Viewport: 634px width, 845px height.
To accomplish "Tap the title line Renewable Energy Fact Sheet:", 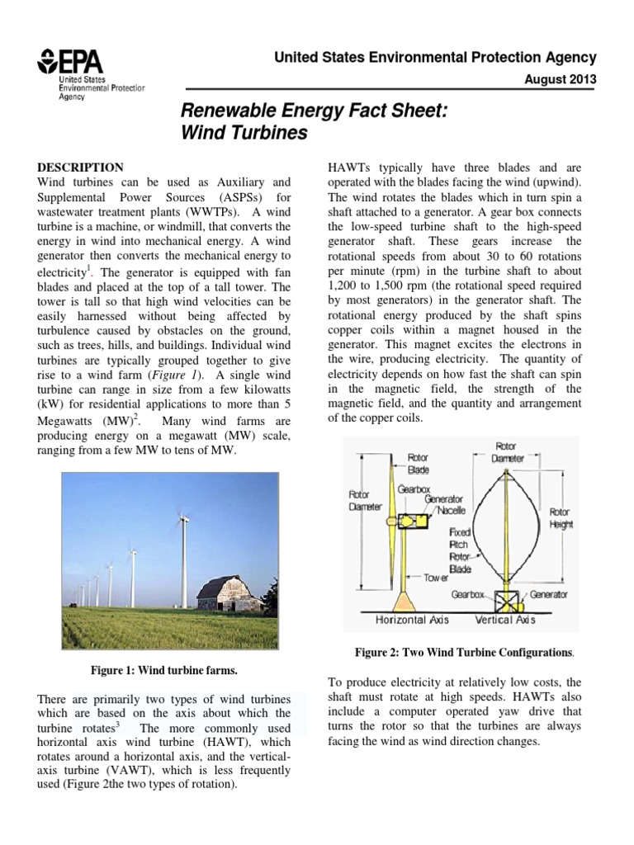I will click(x=313, y=110).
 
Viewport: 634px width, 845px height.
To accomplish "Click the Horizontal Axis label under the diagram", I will click(x=413, y=619).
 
